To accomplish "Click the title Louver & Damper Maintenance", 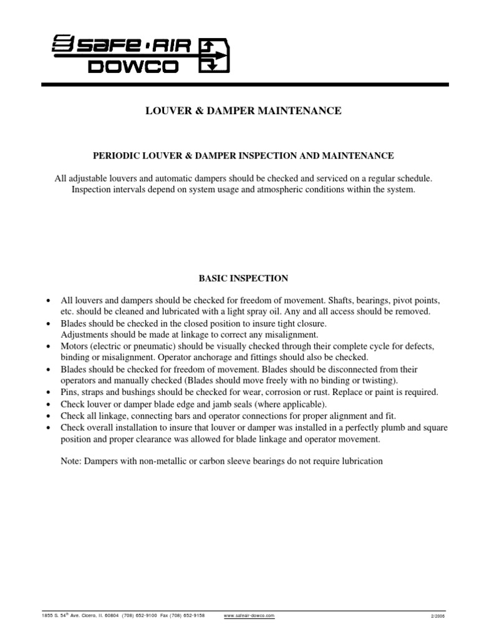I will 243,110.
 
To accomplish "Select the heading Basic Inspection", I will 243,277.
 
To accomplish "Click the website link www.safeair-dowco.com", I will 248,615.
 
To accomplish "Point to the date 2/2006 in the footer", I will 439,615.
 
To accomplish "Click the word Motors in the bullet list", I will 74,346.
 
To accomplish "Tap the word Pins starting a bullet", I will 69,392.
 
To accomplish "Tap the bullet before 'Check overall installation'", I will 49,428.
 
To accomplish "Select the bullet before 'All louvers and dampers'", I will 49,300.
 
